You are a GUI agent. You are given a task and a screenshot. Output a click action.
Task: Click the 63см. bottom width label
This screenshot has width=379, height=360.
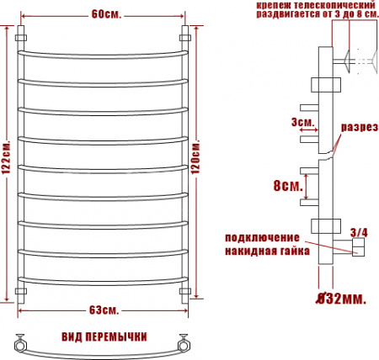pyautogui.click(x=104, y=310)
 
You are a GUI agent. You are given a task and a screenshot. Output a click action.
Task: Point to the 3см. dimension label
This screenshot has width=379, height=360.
pyautogui.click(x=302, y=122)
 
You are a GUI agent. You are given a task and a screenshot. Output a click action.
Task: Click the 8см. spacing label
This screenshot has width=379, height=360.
pyautogui.click(x=288, y=186)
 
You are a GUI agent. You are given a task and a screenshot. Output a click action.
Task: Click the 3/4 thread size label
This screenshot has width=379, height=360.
pyautogui.click(x=359, y=233)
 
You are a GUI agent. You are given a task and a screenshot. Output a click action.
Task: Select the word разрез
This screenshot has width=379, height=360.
pyautogui.click(x=360, y=127)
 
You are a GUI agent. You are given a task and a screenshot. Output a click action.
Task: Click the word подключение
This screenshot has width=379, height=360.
pyautogui.click(x=262, y=238)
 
